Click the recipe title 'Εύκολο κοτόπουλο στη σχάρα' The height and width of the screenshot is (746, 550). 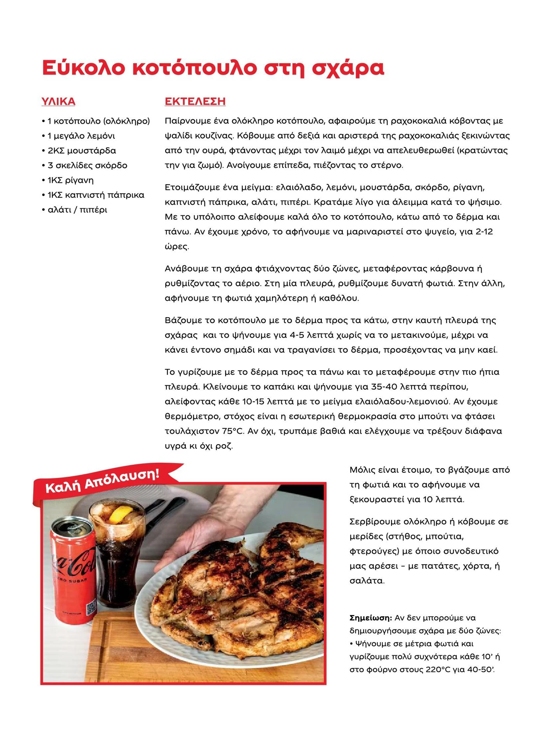213,68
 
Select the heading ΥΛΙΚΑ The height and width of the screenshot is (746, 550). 58,102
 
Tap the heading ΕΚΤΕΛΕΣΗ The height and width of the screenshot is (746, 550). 195,101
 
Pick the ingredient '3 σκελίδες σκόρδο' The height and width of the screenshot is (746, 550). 87,166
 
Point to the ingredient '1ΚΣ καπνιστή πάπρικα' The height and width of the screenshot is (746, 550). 96,195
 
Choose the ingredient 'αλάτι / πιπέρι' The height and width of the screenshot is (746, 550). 77,210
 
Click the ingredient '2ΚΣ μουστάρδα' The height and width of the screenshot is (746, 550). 82,151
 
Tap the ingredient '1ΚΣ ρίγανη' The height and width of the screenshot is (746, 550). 70,180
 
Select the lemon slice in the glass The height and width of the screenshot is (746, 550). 119,515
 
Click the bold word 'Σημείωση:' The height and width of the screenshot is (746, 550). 370,618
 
